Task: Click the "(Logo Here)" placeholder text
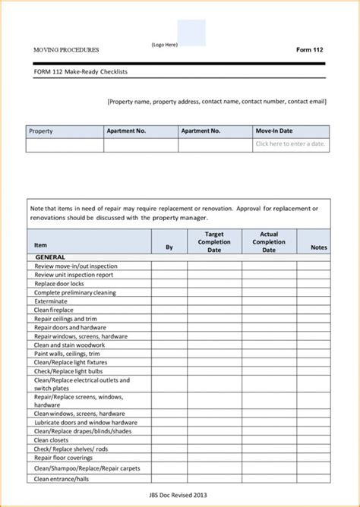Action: tap(165, 45)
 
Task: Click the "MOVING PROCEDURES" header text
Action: tap(66, 49)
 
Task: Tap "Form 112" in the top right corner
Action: tap(309, 49)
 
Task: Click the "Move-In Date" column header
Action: tap(274, 131)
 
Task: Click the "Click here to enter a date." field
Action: tap(290, 144)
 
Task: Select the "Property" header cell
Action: tap(41, 131)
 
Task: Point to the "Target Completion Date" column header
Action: tap(214, 242)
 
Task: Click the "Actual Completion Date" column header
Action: tap(269, 242)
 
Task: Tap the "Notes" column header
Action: tap(319, 247)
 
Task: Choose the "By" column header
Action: tap(169, 247)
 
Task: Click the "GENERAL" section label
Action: tap(51, 258)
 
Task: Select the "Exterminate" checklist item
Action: tap(52, 301)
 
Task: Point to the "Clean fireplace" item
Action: tap(54, 310)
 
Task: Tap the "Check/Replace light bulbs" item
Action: tap(69, 372)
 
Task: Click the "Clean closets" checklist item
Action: tap(52, 440)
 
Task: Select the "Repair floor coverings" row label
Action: tap(65, 458)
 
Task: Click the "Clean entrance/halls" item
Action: tap(62, 479)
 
